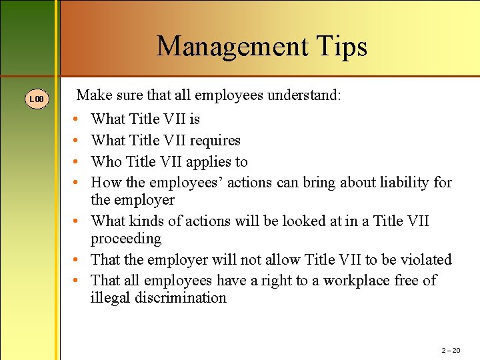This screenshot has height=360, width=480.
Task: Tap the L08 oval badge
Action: point(37,99)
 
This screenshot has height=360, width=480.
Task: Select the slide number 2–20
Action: point(451,350)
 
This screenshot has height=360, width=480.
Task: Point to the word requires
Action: point(215,141)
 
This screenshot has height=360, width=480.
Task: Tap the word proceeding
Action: point(126,239)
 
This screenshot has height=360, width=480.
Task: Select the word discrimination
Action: point(181,298)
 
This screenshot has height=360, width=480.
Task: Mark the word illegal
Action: point(110,298)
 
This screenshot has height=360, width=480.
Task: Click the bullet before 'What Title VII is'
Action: point(77,119)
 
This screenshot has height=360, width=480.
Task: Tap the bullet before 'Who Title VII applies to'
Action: point(77,162)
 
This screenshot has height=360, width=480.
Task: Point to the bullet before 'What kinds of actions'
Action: point(77,221)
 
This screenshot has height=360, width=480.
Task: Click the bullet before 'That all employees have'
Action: point(77,281)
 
